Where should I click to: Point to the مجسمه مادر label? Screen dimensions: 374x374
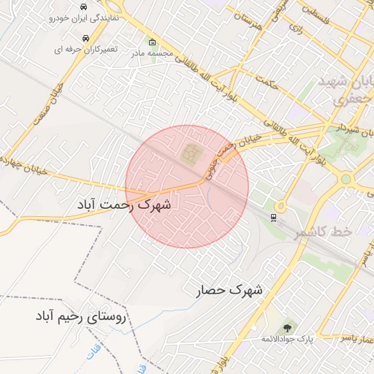point(151,53)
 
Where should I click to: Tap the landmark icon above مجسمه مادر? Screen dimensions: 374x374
point(152,41)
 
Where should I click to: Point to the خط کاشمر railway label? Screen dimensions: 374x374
point(323,231)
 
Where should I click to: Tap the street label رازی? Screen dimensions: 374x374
point(295,29)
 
